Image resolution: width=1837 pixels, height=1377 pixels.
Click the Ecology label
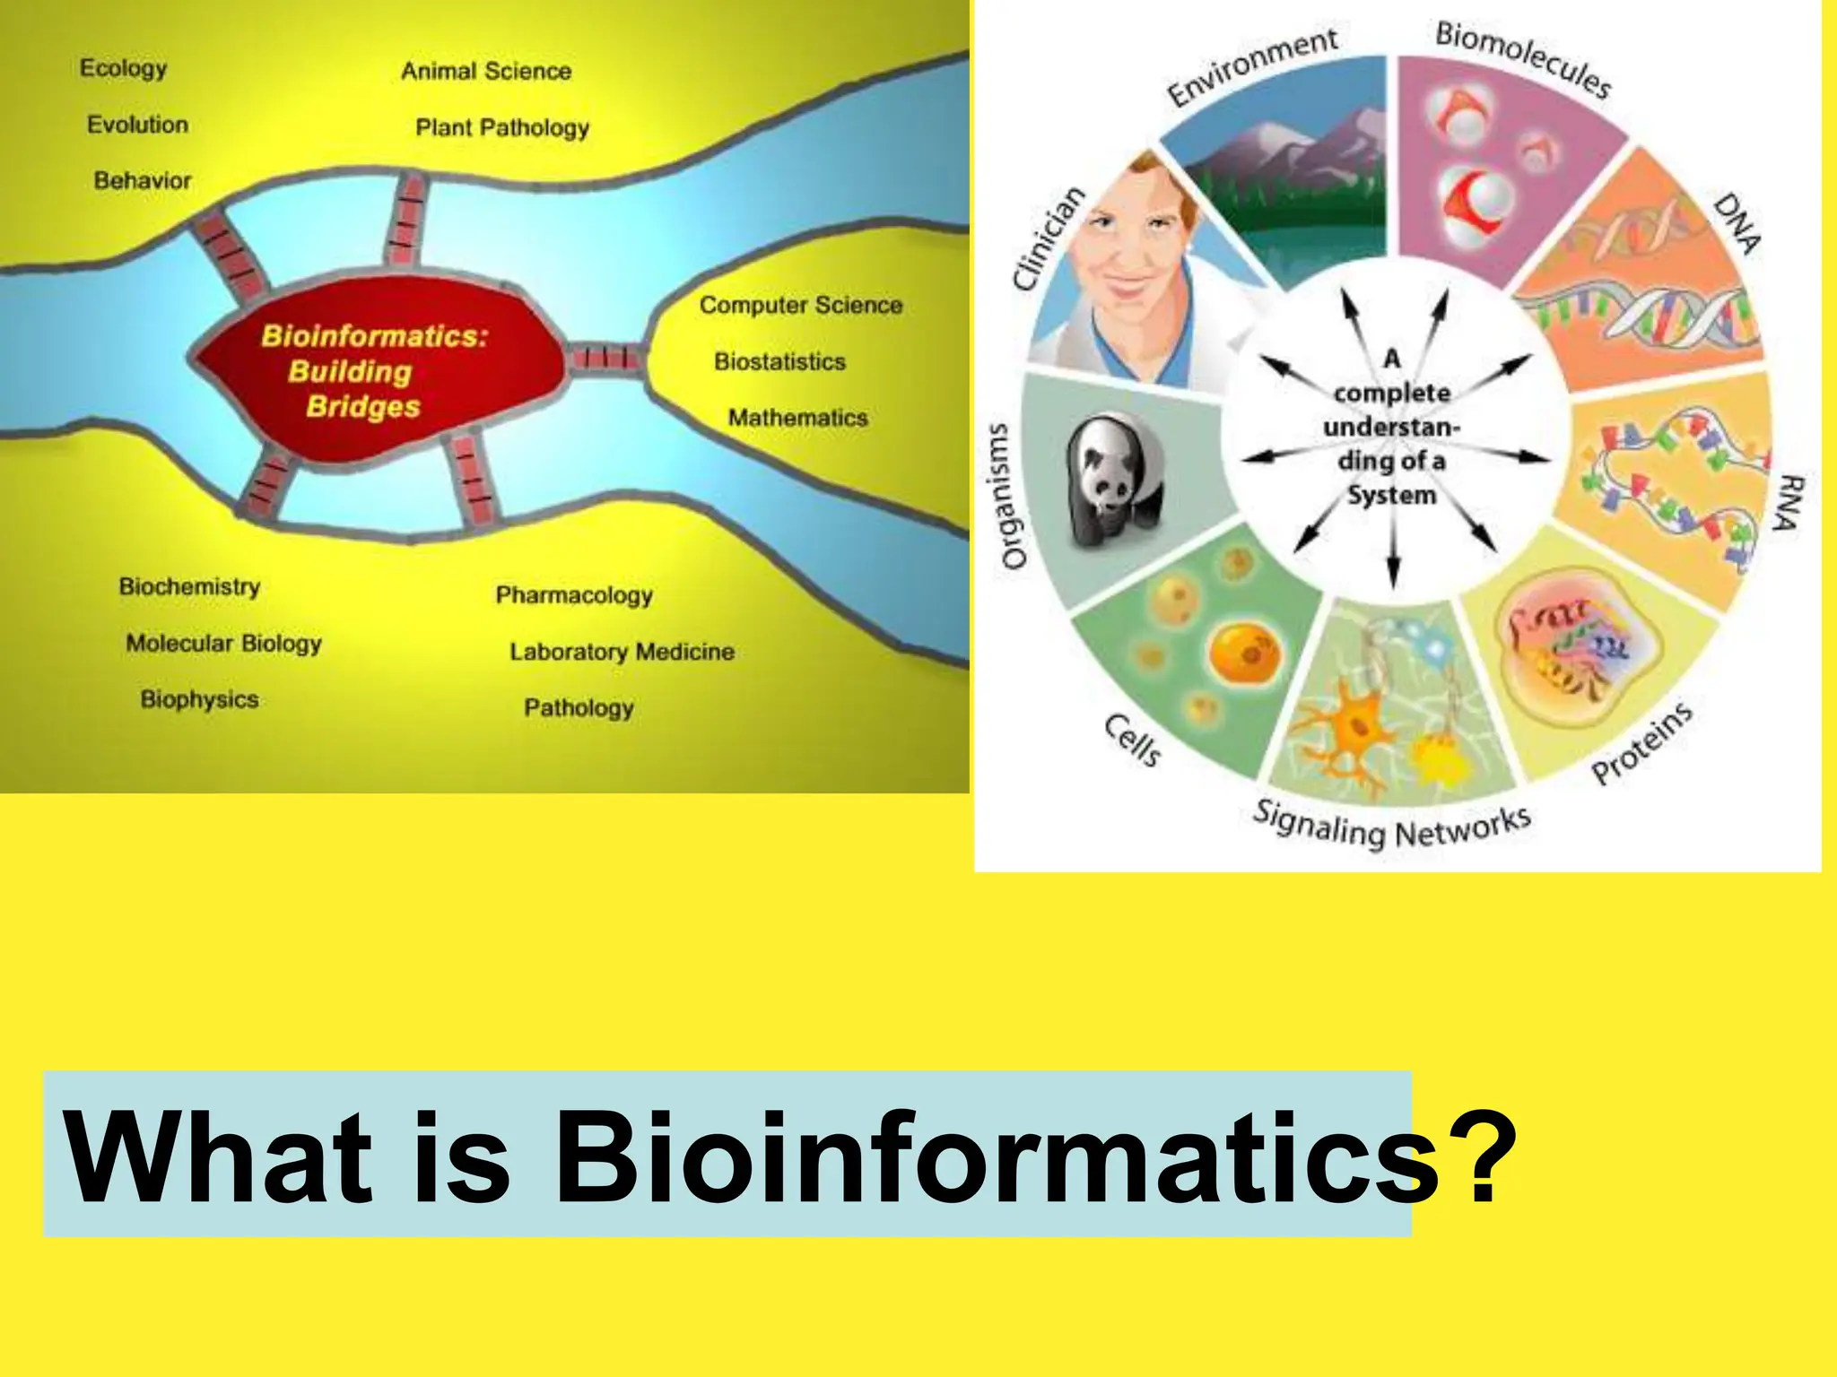[123, 68]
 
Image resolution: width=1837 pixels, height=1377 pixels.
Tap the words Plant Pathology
[502, 127]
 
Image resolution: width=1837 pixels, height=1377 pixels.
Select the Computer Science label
[800, 306]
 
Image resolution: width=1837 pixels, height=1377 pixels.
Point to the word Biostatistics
[779, 361]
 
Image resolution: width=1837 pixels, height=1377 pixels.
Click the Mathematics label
[797, 418]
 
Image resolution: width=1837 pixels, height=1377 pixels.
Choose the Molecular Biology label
[223, 644]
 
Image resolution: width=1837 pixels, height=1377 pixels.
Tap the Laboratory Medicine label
[622, 652]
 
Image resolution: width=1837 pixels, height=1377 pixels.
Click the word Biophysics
[199, 699]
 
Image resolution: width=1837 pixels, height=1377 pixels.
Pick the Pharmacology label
[574, 595]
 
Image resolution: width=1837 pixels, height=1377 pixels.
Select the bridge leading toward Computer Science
[606, 359]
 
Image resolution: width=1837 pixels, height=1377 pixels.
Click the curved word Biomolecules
[1523, 58]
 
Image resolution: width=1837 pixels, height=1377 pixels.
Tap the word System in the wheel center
[1391, 495]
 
